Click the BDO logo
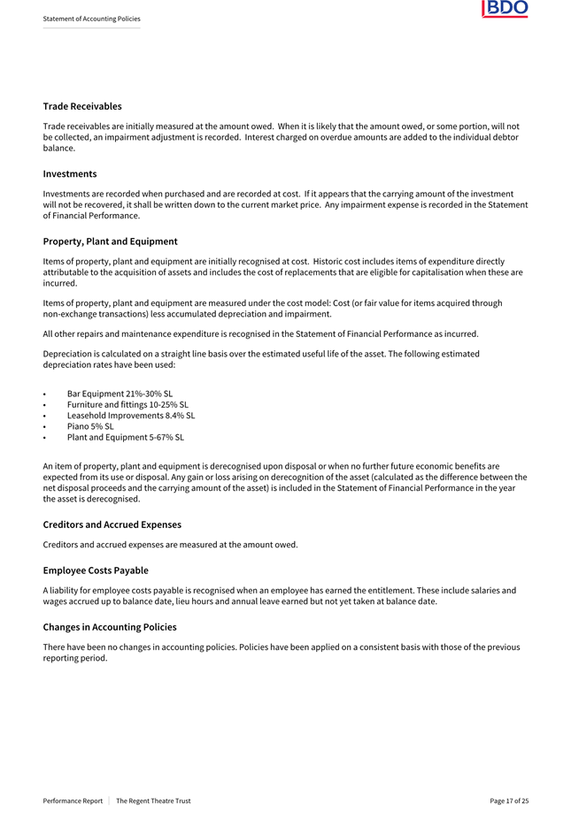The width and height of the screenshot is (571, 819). point(505,9)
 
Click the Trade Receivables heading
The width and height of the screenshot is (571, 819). point(82,106)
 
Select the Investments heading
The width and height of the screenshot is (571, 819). point(70,173)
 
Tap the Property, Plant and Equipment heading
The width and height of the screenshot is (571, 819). point(110,241)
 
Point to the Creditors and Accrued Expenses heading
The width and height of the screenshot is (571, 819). point(112,524)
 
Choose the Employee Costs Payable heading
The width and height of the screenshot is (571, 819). point(96,570)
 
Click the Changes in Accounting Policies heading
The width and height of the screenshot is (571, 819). point(110,627)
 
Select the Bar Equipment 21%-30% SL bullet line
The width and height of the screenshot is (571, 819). point(120,394)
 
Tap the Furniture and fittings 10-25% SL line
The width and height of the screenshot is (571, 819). point(127,404)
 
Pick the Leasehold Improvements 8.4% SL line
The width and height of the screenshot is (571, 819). point(131,415)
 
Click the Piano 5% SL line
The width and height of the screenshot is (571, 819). point(90,425)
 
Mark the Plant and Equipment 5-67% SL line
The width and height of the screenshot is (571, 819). point(126,436)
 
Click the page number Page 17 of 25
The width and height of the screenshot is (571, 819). point(509,800)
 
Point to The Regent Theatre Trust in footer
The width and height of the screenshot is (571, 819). point(153,800)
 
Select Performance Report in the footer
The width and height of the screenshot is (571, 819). point(73,800)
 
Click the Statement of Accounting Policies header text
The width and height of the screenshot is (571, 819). point(91,19)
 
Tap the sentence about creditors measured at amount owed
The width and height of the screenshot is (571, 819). point(170,544)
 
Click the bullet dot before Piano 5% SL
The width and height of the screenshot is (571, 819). point(44,426)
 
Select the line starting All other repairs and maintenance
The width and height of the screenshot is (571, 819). point(260,333)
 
